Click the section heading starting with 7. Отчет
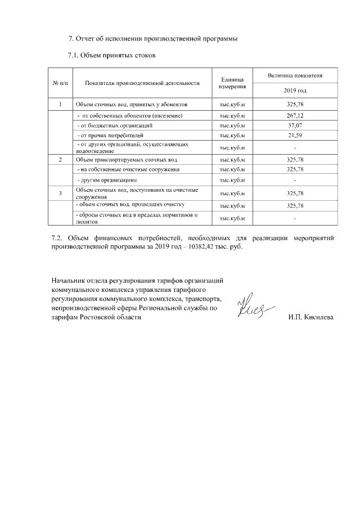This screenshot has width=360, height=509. [x=152, y=39]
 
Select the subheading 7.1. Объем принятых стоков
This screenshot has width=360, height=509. [x=111, y=56]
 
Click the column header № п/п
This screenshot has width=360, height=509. [x=60, y=83]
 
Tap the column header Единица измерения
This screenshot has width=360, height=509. [x=233, y=83]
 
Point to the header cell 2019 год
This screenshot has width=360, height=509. [x=295, y=91]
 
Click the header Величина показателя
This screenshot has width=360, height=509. [x=295, y=75]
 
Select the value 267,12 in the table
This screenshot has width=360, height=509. [x=295, y=115]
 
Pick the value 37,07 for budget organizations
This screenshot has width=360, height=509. [x=295, y=125]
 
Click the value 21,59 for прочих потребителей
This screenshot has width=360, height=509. [x=295, y=136]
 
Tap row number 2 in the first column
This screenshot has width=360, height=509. [x=60, y=160]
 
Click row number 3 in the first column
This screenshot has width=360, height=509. [x=60, y=193]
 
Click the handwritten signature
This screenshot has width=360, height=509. [x=256, y=307]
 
